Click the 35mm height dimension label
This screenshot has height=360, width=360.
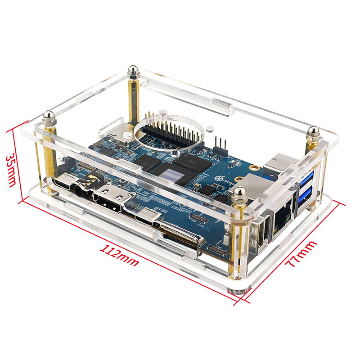[x=11, y=171]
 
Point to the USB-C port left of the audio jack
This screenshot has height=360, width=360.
[x=62, y=183]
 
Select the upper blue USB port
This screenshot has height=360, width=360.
[x=306, y=178]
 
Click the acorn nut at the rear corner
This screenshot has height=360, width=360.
[x=132, y=71]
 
